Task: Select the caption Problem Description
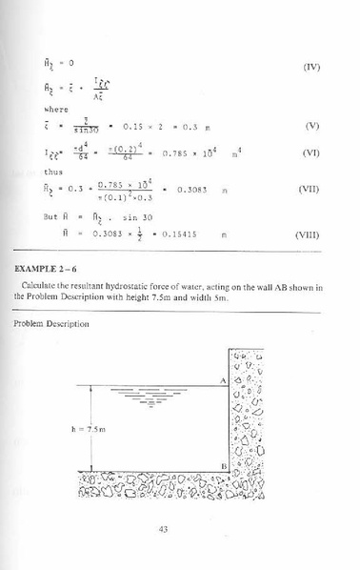49,324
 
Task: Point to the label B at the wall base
220,464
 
